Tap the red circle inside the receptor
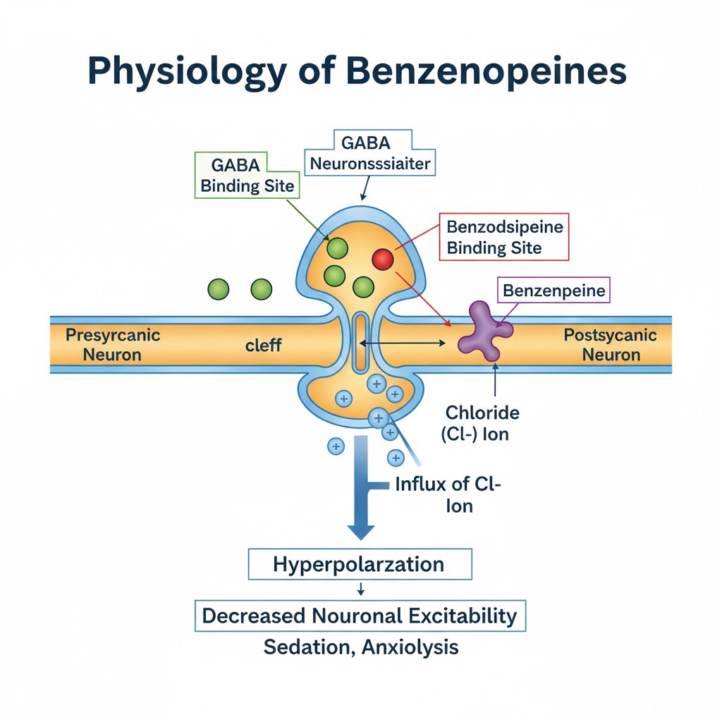point(382,259)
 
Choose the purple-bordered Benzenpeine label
point(554,290)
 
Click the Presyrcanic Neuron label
point(113,344)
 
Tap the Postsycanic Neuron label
point(611,344)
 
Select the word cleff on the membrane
point(264,345)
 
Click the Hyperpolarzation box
point(359,565)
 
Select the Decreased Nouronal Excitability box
point(360,616)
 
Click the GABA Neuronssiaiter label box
point(366,154)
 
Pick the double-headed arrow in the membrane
point(403,343)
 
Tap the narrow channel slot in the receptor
point(360,343)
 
